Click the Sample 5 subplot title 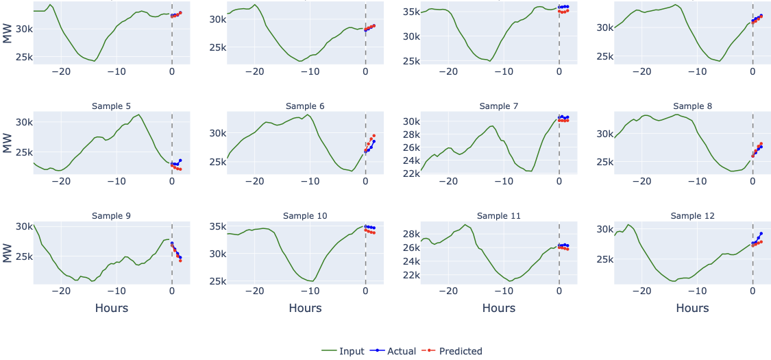111,106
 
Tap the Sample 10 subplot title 305,216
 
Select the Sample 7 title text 499,106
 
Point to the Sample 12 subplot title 693,216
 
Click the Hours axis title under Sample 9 111,309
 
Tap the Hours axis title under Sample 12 693,309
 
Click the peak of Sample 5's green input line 138,115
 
